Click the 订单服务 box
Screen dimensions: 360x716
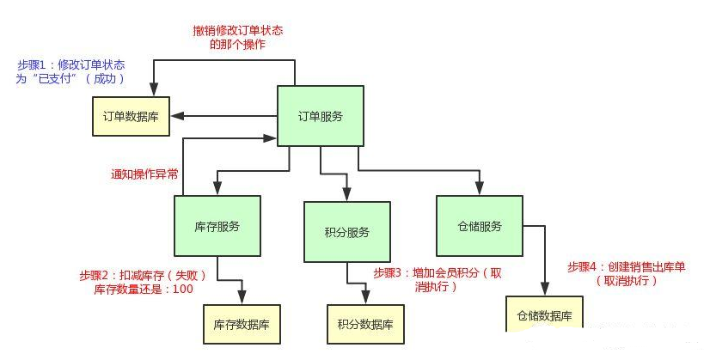320,117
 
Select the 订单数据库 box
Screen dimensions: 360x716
132,117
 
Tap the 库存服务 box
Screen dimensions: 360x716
217,227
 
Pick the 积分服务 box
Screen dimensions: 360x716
347,232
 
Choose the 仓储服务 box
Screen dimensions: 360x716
479,227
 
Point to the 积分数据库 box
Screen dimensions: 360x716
366,325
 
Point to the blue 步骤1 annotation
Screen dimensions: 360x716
71,72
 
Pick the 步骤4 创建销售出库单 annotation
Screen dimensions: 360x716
627,273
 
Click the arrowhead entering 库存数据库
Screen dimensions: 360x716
242,297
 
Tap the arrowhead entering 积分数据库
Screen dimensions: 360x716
367,297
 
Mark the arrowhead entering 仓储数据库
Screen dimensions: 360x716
545,290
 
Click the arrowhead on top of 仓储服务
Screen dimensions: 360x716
480,188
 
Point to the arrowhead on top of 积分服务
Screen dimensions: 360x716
347,194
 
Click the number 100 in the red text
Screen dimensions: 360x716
182,290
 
